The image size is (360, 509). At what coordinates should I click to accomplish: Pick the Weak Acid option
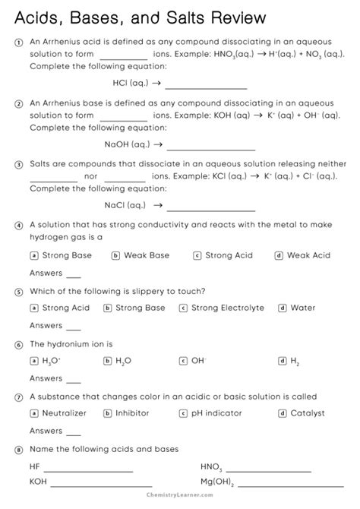click(x=308, y=255)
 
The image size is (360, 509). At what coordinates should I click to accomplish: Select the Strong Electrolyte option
click(x=228, y=308)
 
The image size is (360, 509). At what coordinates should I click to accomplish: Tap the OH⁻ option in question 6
click(x=198, y=361)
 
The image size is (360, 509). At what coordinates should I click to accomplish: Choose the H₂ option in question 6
click(x=295, y=361)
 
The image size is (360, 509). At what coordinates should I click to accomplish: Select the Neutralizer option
click(x=64, y=413)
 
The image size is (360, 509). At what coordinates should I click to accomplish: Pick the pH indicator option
click(x=216, y=413)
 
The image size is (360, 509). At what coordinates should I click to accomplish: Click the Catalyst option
click(x=307, y=413)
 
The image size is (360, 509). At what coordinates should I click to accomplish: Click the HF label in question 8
click(x=35, y=466)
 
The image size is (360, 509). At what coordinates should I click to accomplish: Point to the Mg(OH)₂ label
click(x=216, y=482)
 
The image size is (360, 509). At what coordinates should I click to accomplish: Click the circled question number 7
click(x=18, y=397)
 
